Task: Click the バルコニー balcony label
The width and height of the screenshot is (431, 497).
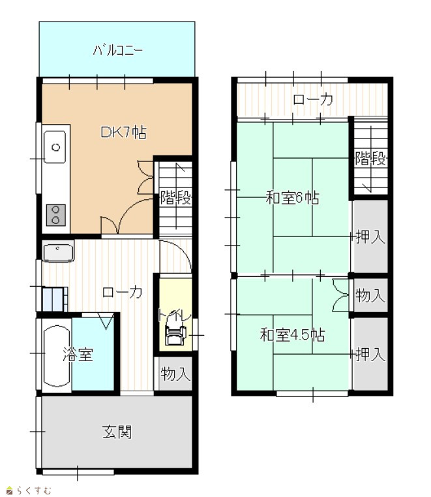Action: (x=118, y=50)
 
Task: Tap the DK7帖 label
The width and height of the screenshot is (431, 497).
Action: (x=123, y=132)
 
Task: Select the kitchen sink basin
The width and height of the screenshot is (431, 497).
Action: (x=55, y=147)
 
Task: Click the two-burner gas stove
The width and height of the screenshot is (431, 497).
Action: (x=56, y=216)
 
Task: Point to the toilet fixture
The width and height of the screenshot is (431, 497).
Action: (x=175, y=334)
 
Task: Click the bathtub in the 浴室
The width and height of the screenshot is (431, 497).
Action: (x=56, y=356)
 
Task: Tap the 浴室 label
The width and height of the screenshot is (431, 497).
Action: (x=78, y=355)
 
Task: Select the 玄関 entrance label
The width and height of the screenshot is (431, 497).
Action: (x=117, y=432)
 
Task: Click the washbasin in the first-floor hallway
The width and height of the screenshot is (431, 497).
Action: (x=58, y=251)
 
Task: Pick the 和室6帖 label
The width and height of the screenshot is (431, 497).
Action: (x=292, y=198)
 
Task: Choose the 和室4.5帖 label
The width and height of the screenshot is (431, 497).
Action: (x=292, y=335)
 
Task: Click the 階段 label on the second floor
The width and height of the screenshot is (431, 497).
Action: (x=371, y=159)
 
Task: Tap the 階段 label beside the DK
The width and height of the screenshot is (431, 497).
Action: (x=176, y=198)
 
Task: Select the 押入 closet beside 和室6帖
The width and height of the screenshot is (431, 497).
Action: (x=370, y=236)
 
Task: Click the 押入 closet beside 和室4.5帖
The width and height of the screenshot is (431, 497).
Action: (x=370, y=354)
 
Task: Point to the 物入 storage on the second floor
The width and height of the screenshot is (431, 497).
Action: (x=370, y=295)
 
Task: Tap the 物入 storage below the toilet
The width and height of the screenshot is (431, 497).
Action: (x=175, y=374)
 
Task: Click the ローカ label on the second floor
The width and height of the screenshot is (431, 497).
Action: (x=313, y=99)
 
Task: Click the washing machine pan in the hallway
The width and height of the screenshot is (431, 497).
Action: (x=54, y=300)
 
